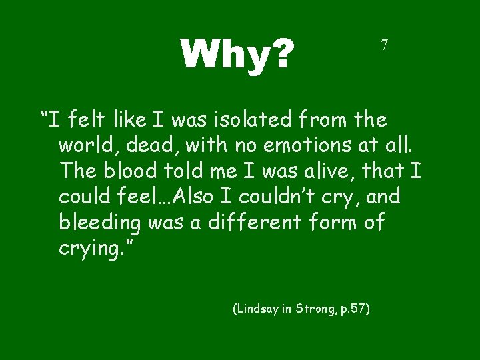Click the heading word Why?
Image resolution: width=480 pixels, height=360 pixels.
[x=237, y=53]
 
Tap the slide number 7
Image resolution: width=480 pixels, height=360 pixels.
[x=384, y=45]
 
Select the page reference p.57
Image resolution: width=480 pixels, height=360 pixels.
[x=353, y=309]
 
